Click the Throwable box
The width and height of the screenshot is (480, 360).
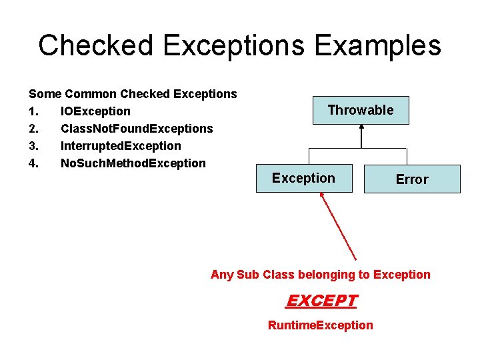coord(361,110)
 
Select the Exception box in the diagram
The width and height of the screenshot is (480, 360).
coord(304,178)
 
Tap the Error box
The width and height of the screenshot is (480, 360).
coord(412,179)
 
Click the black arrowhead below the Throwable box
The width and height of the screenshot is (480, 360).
coord(361,129)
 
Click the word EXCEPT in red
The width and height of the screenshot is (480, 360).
coord(321,301)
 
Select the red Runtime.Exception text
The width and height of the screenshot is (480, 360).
coord(320,325)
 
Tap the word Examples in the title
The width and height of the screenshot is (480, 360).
coord(378,45)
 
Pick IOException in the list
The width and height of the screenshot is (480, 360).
coord(95,111)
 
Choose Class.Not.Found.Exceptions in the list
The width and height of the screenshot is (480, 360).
coord(137,129)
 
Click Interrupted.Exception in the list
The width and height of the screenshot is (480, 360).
coord(121,146)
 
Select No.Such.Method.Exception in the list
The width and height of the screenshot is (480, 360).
coord(133,163)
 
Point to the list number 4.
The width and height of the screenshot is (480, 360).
coord(33,163)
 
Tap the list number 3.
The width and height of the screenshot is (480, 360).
coord(33,146)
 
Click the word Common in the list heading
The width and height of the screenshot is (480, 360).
coord(89,94)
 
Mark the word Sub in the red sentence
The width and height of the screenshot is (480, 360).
coord(249,275)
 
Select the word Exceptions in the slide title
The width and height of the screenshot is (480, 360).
coord(242,45)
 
